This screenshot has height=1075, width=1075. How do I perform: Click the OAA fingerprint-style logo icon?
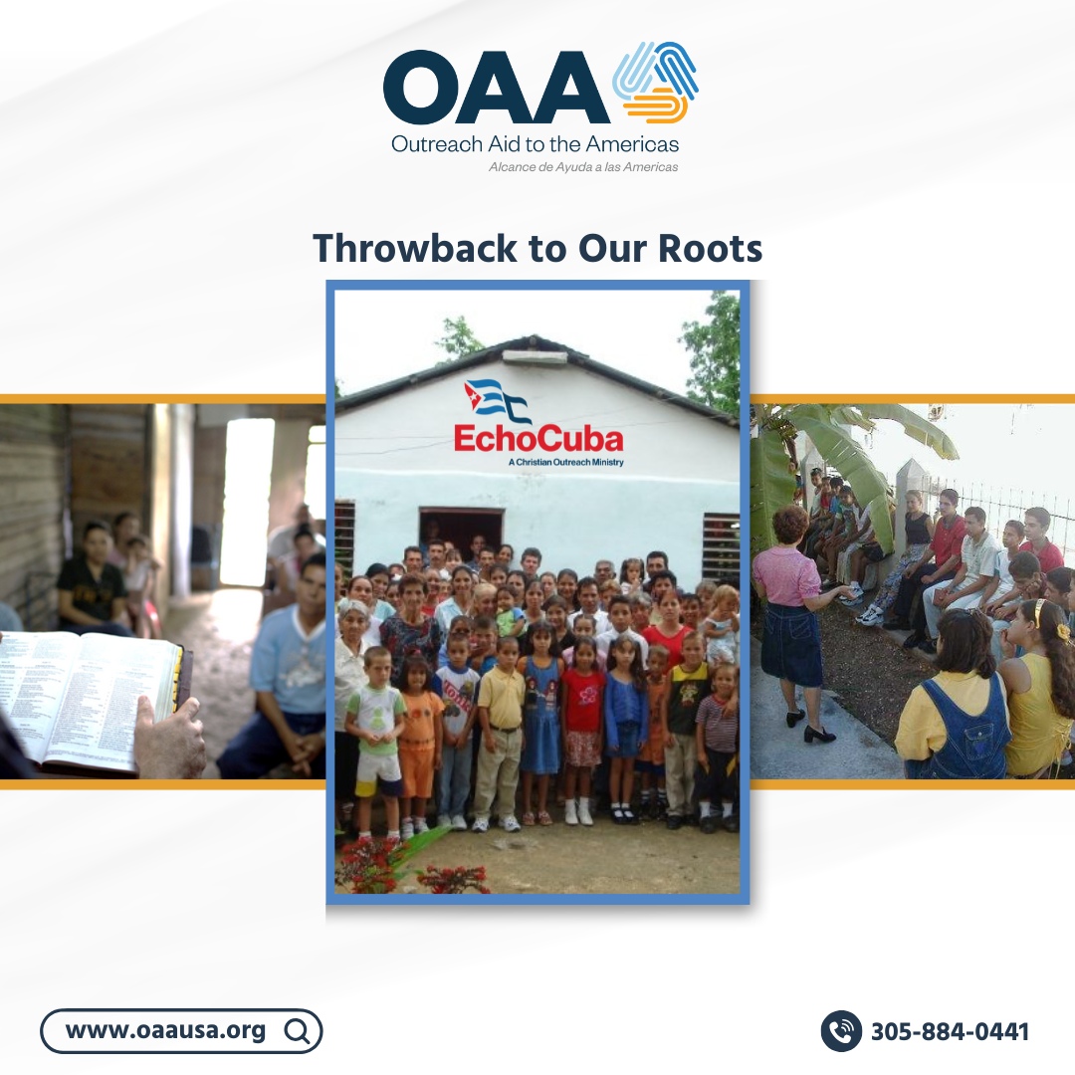656,83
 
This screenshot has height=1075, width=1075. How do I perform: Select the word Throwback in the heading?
417,249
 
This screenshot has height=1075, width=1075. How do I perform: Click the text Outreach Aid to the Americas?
535,143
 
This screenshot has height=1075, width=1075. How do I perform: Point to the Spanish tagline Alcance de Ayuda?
583,167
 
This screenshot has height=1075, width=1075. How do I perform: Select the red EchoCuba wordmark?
538,439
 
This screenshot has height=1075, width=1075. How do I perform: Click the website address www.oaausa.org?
165,1030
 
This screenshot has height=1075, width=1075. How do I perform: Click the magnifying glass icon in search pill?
296,1031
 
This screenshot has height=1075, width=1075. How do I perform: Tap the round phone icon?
841,1031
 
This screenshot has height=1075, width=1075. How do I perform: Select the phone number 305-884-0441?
950,1031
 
